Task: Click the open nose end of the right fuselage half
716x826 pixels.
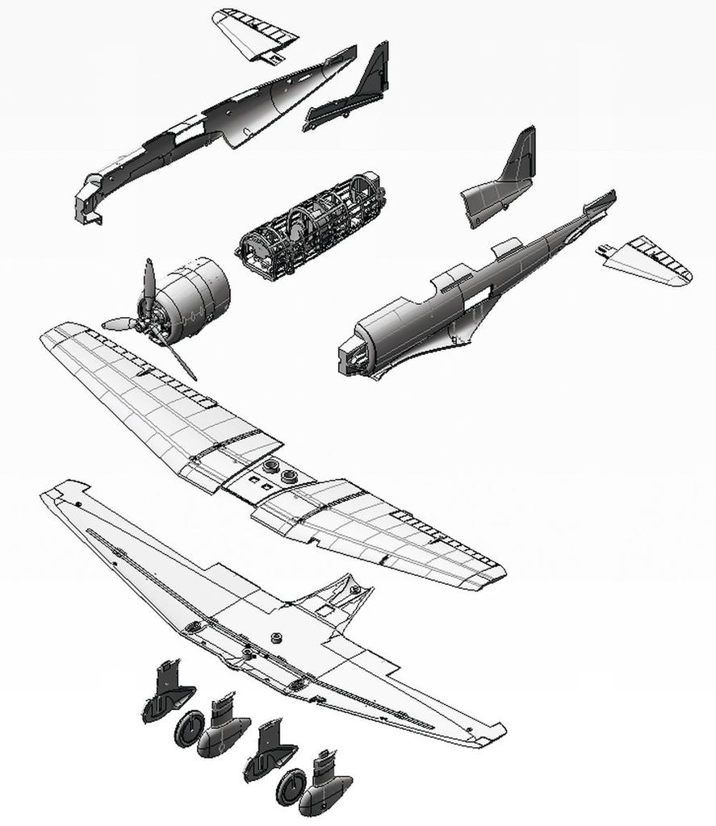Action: tap(355, 355)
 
